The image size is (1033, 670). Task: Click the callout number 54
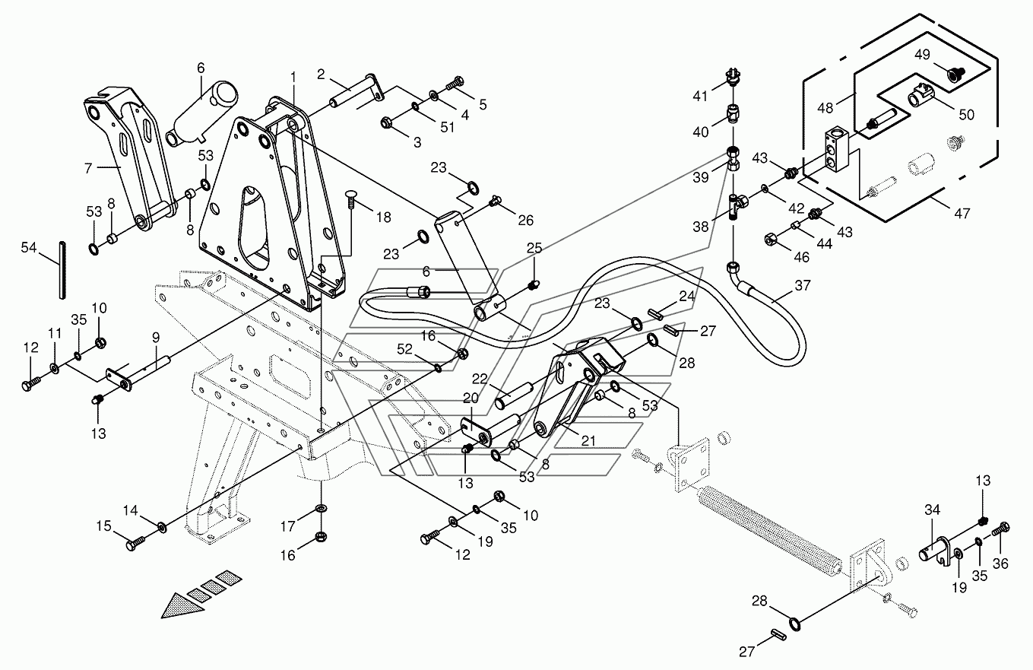[28, 249]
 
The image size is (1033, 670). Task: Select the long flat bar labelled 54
[60, 270]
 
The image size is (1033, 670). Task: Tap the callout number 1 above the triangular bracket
[293, 77]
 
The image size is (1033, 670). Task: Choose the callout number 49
[922, 55]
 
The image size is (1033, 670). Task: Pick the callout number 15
[102, 526]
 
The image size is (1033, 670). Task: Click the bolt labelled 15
[135, 543]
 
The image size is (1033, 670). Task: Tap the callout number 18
[383, 217]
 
